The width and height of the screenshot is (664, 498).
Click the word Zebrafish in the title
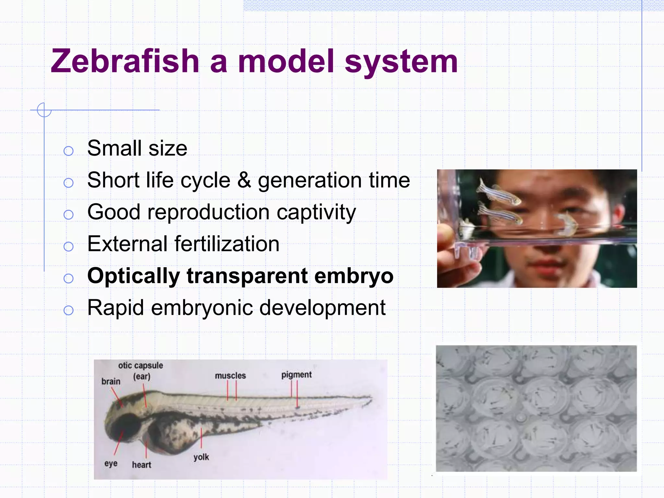[125, 61]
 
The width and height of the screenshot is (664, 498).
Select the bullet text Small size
[137, 148]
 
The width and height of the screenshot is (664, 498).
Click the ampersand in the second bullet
[244, 180]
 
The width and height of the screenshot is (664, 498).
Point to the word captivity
[316, 212]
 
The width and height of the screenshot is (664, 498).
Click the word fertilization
[227, 244]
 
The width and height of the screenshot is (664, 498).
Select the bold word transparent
[247, 276]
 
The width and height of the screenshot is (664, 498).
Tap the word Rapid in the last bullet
[116, 308]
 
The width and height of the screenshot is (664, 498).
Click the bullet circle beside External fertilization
[68, 247]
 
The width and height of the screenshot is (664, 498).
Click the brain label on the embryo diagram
[111, 382]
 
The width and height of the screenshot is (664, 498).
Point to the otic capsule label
[140, 366]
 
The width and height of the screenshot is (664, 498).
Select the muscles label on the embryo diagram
[230, 376]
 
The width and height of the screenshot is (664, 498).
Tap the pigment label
[296, 375]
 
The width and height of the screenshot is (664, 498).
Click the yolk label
[201, 457]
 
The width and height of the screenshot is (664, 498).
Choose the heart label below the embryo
[141, 465]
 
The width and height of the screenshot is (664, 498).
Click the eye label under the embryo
[111, 463]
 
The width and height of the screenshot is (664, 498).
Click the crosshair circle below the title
[44, 110]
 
